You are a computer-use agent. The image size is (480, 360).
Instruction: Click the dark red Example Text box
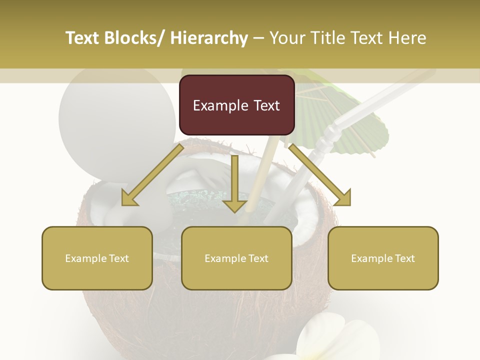tap(236, 105)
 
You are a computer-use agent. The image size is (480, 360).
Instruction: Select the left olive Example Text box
tap(97, 258)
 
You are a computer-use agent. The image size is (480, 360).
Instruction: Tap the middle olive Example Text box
tap(236, 258)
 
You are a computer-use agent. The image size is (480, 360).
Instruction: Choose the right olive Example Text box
tap(383, 258)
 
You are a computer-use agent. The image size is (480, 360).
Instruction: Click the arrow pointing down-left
tap(153, 175)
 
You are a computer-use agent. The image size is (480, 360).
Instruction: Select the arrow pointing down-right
tap(320, 175)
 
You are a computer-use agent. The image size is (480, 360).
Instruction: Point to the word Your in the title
tap(286, 38)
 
